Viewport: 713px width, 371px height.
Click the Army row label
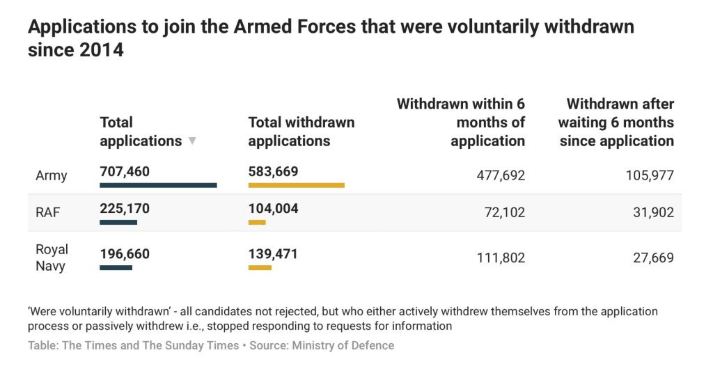pos(51,175)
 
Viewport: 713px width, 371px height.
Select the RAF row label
pos(48,212)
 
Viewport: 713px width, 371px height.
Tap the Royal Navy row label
pos(52,258)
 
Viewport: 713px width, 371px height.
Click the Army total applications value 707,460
pos(125,171)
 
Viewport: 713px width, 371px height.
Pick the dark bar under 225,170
pos(118,222)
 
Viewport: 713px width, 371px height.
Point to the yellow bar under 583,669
pos(296,185)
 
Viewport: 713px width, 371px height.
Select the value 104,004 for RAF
pos(273,208)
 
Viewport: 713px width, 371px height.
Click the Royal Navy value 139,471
pos(272,253)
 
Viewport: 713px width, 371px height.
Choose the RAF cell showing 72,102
pos(504,212)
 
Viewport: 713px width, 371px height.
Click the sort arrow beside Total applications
pos(192,141)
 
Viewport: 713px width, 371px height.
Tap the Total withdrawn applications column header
pos(301,132)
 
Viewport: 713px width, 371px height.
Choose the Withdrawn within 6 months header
pos(460,123)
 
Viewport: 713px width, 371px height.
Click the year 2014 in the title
pos(99,50)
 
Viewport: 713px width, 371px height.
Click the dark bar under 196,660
pos(116,267)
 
